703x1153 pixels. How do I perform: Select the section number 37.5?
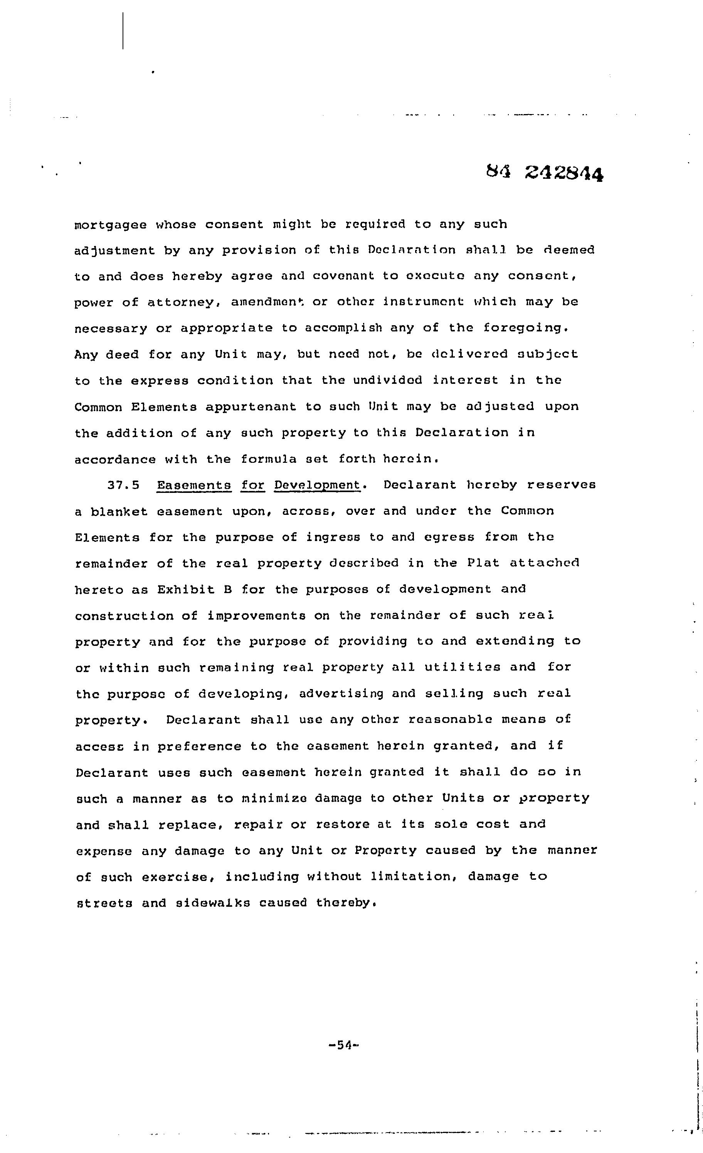click(124, 485)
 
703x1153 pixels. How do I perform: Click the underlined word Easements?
click(194, 485)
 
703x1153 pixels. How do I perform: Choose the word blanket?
click(119, 511)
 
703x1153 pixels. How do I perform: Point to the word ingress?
click(333, 537)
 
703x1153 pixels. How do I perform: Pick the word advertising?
click(341, 694)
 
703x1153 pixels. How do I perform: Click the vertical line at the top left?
click(123, 30)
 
